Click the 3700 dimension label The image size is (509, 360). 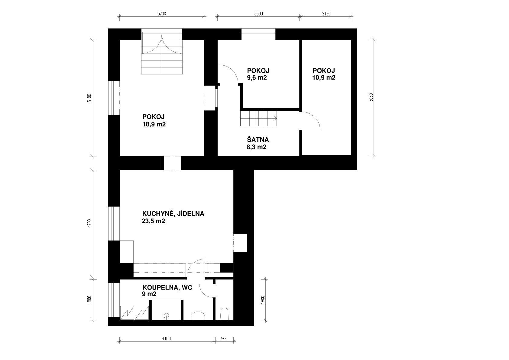(x=162, y=14)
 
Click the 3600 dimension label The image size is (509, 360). (x=259, y=14)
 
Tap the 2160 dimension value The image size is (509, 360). (x=326, y=14)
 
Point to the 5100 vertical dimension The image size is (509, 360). (x=89, y=98)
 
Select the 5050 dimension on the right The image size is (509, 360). (x=371, y=97)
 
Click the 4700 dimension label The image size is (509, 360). (x=89, y=223)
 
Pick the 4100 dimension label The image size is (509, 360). (x=166, y=339)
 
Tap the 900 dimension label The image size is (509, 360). (x=224, y=339)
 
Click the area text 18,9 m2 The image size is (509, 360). (x=154, y=124)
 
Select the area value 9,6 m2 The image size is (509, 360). (x=257, y=77)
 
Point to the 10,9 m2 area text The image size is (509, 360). (x=324, y=77)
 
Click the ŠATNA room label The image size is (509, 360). (x=258, y=139)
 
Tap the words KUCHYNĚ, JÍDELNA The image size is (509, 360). (x=173, y=214)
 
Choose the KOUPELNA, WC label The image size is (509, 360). (x=167, y=288)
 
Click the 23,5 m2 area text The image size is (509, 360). (x=153, y=221)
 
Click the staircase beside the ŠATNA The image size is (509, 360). (x=259, y=118)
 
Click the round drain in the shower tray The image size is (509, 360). (x=167, y=316)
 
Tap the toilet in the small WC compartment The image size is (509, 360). (x=224, y=314)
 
